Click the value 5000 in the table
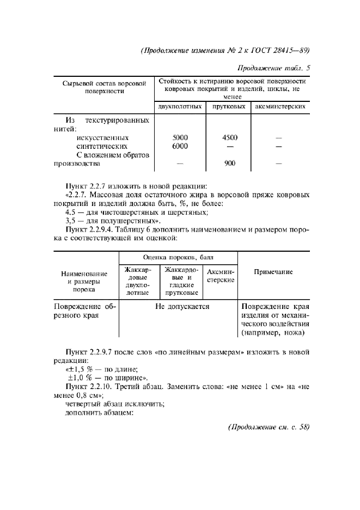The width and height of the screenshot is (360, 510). [x=180, y=138]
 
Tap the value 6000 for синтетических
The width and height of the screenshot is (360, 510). [x=180, y=146]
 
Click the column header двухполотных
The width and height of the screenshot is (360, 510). [x=180, y=107]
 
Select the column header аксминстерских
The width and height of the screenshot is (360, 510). [x=280, y=107]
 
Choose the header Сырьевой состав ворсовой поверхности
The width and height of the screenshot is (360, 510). [x=105, y=87]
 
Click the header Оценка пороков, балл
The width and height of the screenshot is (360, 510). [x=178, y=256]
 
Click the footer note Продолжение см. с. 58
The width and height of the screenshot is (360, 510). [x=269, y=427]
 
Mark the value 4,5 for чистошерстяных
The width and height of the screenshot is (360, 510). [x=70, y=211]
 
